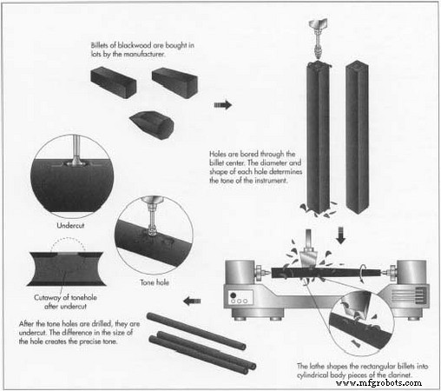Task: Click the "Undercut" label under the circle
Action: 70,225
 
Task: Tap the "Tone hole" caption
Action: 155,282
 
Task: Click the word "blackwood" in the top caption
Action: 135,45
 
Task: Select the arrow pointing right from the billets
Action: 223,104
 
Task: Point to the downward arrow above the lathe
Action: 341,235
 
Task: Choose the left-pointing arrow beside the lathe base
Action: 192,302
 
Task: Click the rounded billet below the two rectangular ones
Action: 152,125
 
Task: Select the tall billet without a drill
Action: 357,137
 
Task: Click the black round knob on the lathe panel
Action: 234,295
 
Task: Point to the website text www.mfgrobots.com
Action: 378,383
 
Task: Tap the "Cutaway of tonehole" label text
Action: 65,297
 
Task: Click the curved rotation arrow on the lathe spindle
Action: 361,275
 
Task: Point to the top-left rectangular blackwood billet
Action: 114,83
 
